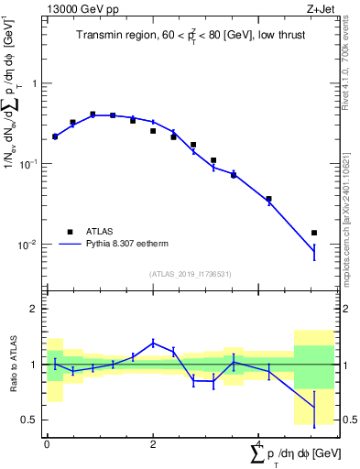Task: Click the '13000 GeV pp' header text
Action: (77, 8)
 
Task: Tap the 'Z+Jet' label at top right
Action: (318, 8)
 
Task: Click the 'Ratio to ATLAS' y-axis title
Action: (14, 365)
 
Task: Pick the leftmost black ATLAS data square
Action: (55, 136)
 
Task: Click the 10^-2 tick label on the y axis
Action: (27, 245)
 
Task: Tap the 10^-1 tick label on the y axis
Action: (27, 164)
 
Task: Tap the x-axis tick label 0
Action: (47, 443)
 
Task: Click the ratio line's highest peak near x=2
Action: (153, 343)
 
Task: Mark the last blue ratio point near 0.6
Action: (314, 407)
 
